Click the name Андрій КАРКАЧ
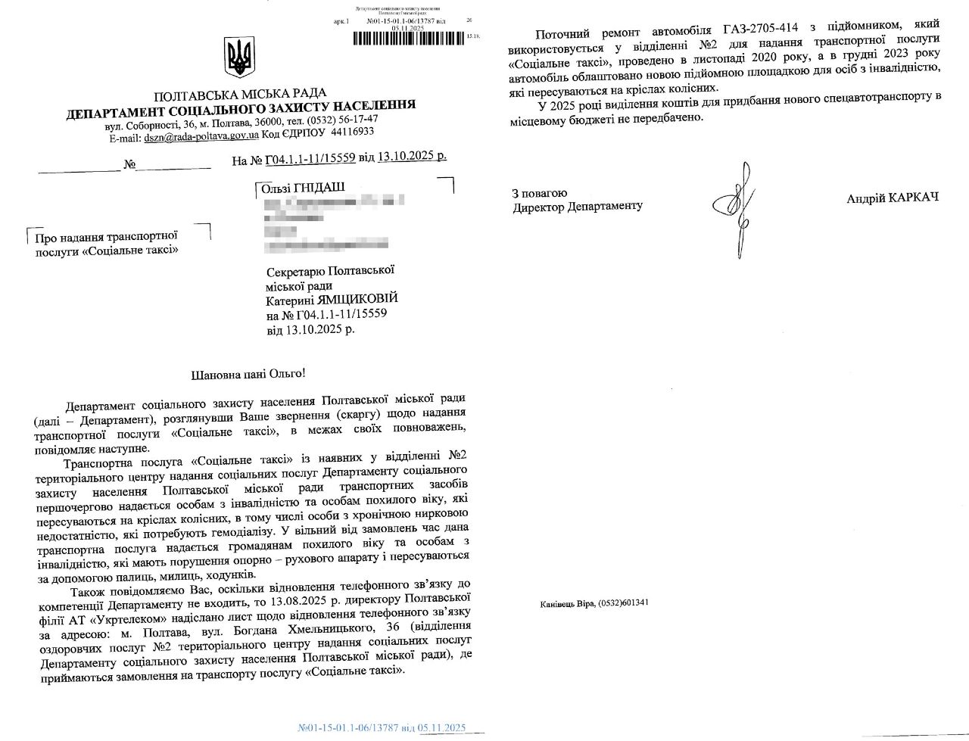pos(893,198)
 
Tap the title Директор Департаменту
pos(577,207)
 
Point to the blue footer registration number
pos(382,728)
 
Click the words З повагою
pos(539,193)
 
